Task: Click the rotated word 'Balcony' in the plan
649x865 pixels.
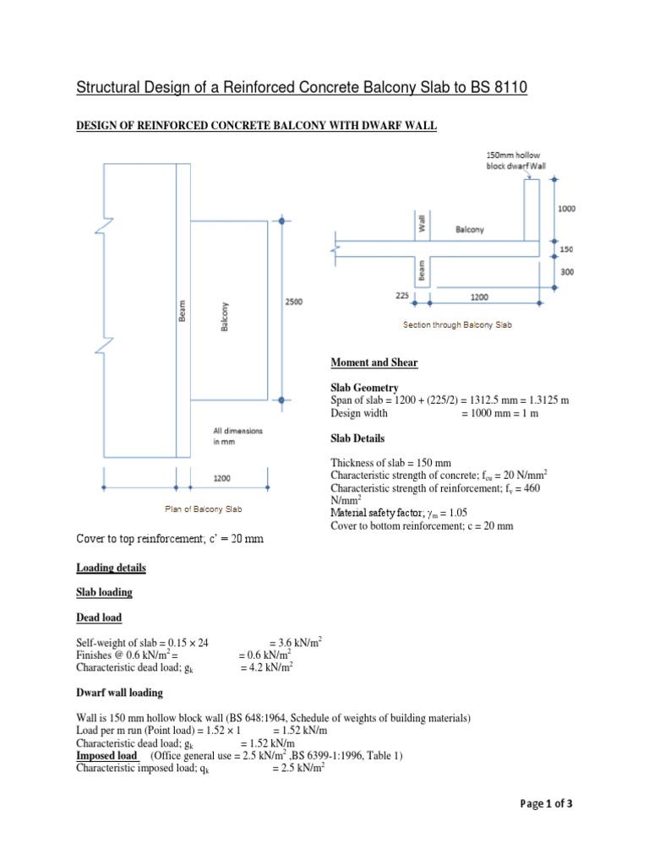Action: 225,317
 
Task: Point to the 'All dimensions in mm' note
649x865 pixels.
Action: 237,436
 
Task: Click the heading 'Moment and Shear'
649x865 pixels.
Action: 374,362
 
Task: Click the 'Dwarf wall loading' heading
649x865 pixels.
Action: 119,693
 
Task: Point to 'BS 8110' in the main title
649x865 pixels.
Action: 494,88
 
